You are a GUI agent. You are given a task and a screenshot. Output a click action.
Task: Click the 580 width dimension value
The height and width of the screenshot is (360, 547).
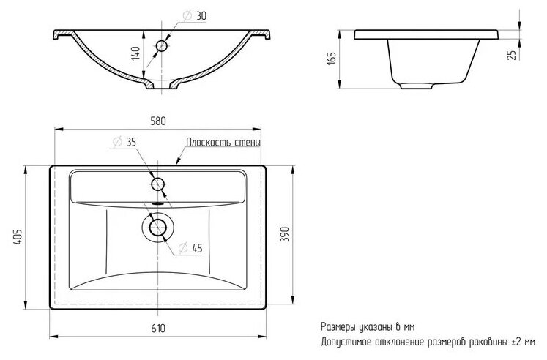[158, 121]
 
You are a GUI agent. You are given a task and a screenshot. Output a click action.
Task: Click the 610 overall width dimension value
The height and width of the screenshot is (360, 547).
[159, 329]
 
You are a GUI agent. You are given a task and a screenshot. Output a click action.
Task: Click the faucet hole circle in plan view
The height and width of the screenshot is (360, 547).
[158, 184]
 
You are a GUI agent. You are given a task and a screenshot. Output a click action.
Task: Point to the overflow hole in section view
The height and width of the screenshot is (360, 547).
[162, 45]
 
